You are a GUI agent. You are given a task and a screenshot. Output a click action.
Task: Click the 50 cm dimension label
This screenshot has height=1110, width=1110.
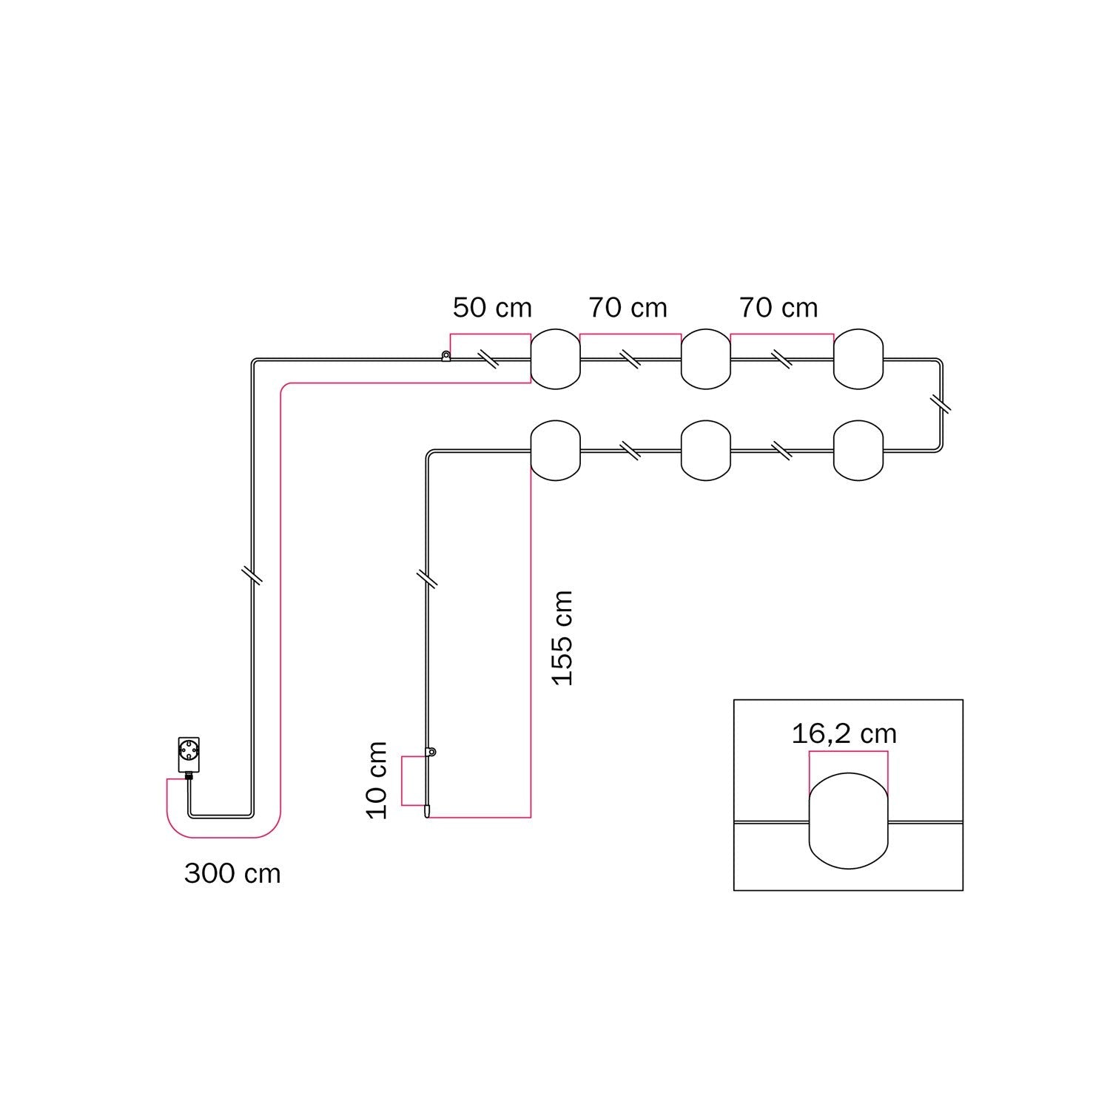(492, 308)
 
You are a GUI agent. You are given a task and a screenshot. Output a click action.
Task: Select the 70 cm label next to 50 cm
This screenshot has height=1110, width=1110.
(628, 308)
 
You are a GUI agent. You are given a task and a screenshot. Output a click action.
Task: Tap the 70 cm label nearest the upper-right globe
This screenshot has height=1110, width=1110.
(778, 308)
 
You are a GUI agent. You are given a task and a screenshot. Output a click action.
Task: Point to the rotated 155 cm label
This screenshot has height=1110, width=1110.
(563, 638)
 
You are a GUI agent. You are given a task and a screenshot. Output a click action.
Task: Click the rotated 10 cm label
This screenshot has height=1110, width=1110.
(377, 780)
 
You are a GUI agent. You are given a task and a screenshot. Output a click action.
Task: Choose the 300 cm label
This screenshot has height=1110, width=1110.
(232, 874)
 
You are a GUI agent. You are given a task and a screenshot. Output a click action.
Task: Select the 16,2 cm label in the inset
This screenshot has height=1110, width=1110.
(844, 734)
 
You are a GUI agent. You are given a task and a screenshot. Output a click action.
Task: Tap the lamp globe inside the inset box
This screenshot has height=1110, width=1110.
(849, 821)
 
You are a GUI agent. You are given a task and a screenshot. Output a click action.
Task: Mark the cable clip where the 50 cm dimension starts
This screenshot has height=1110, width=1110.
(445, 357)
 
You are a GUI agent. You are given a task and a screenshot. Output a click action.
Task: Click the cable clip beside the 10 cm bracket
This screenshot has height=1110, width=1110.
(430, 753)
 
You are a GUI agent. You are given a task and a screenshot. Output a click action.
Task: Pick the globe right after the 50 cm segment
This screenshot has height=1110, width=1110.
(556, 359)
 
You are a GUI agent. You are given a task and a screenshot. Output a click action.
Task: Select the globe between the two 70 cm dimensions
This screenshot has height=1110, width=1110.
(706, 359)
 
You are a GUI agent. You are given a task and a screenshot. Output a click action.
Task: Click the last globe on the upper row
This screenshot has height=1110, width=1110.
(858, 359)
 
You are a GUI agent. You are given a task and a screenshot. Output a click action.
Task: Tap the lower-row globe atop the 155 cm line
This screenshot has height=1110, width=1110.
(556, 450)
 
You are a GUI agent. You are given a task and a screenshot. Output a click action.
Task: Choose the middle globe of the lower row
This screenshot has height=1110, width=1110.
(706, 450)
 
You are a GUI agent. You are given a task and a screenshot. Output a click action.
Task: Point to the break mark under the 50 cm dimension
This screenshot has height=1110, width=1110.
(488, 360)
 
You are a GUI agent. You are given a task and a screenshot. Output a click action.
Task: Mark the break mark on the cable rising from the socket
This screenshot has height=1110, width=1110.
(252, 575)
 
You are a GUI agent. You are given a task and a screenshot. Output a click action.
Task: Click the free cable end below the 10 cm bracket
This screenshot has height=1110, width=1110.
(427, 811)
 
